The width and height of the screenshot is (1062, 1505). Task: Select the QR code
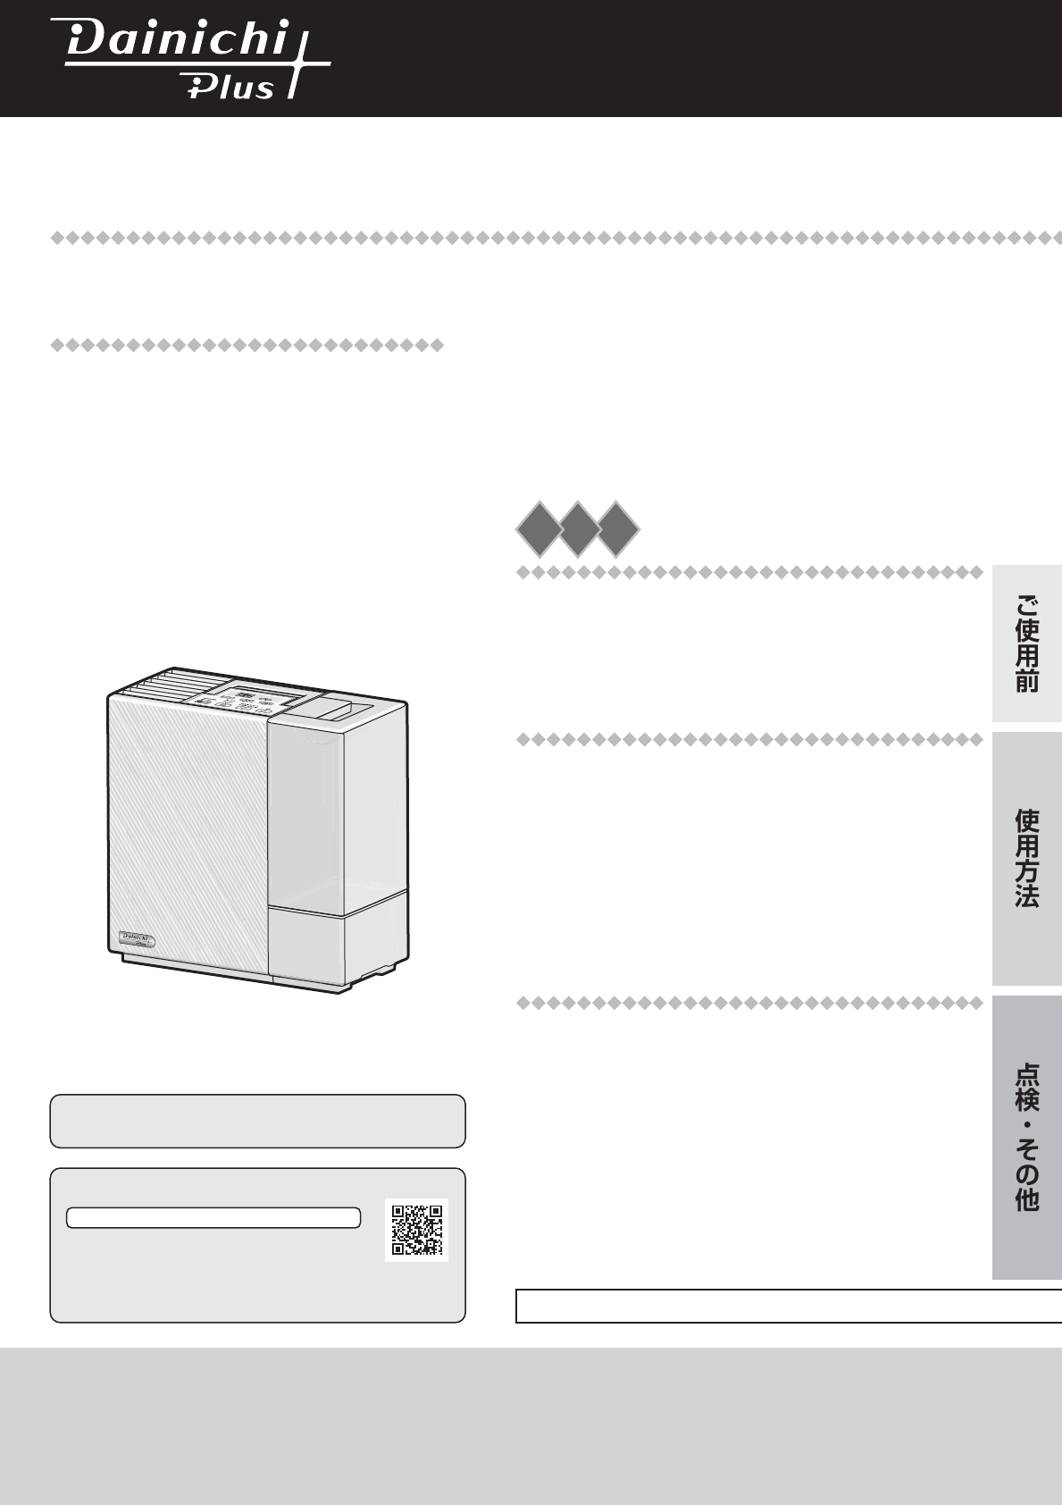(416, 1231)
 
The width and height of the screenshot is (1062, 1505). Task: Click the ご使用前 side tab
(1027, 644)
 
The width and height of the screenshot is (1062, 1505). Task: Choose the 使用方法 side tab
(1027, 859)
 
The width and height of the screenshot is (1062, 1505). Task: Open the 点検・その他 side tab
(1027, 1138)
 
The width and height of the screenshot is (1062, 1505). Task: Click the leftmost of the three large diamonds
(539, 529)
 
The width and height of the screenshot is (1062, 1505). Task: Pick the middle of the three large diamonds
(578, 529)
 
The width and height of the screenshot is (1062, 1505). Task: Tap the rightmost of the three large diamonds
(617, 529)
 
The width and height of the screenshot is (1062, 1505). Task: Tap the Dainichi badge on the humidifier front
(137, 938)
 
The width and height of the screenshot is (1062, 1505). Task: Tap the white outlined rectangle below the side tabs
(789, 1306)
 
